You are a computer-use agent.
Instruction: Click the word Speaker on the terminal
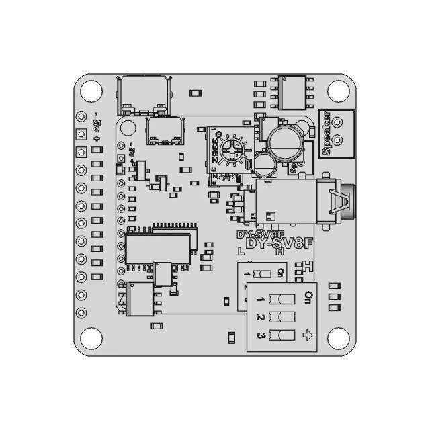coord(327,133)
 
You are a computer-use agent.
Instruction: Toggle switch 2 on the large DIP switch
coord(282,317)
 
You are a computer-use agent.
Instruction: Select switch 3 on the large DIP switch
coord(282,335)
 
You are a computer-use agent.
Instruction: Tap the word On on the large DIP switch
coord(309,295)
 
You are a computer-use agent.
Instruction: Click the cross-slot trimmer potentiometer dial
coord(232,149)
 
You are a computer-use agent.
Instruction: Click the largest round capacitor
coord(282,142)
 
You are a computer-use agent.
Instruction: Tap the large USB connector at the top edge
coord(142,94)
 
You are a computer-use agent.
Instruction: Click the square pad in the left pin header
coord(81,152)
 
